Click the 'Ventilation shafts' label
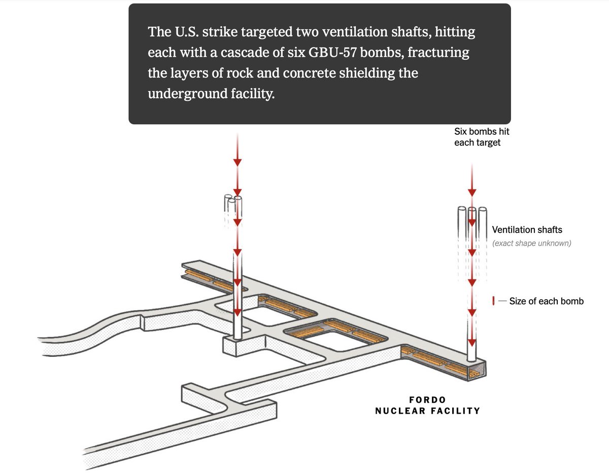click(527, 230)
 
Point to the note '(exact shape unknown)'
click(531, 243)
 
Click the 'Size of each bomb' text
click(546, 301)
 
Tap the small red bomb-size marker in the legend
click(493, 301)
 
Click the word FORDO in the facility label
click(427, 400)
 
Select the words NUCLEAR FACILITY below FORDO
click(427, 411)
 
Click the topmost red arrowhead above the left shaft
click(237, 162)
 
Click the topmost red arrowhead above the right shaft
click(472, 192)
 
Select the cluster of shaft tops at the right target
click(472, 213)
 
